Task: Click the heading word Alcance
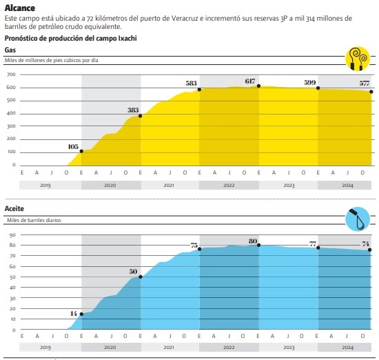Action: (x=20, y=8)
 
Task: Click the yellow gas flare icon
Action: (x=358, y=59)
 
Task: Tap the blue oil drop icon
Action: (x=358, y=219)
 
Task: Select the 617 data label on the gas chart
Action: (x=250, y=81)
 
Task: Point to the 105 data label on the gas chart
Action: (x=73, y=147)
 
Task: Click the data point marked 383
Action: (x=140, y=116)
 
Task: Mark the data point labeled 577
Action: (x=371, y=92)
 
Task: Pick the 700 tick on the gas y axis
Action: (x=11, y=74)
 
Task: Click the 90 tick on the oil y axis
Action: (x=12, y=235)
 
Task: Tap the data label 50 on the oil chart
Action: (x=133, y=272)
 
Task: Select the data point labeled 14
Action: (x=81, y=314)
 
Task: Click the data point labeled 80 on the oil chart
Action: (x=258, y=245)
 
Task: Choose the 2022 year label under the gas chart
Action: (x=229, y=186)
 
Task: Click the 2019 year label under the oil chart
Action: (x=45, y=348)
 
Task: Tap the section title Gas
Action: (x=10, y=50)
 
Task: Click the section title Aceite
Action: (x=14, y=208)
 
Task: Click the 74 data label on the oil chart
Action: (x=365, y=244)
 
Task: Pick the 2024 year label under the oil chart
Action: (x=347, y=348)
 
